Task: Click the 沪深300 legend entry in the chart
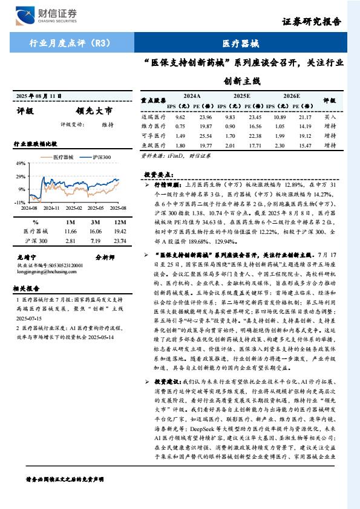pyautogui.click(x=101, y=157)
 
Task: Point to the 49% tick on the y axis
pyautogui.click(x=21, y=163)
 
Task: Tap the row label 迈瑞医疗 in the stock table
pyautogui.click(x=152, y=117)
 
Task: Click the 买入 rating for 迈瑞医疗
pyautogui.click(x=330, y=117)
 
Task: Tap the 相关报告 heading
pyautogui.click(x=27, y=288)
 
